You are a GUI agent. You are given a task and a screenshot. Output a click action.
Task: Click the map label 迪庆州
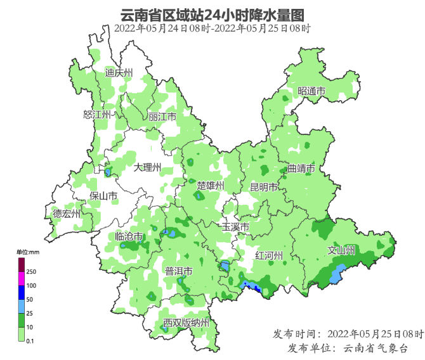click(119, 73)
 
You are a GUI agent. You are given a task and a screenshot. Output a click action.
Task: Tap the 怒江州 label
click(97, 115)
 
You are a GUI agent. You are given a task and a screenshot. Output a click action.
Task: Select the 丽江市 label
click(162, 117)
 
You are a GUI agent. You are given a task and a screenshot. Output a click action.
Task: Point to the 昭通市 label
click(311, 91)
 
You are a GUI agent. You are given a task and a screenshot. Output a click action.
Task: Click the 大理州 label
click(148, 167)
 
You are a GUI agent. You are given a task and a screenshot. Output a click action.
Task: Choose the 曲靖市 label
click(301, 169)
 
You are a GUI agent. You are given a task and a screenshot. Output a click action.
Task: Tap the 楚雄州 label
click(211, 186)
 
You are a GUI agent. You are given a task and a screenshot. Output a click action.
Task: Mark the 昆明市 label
click(263, 188)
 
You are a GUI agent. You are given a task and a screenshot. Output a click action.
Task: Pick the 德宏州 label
click(67, 214)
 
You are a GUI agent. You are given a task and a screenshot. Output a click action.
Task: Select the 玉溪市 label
click(235, 227)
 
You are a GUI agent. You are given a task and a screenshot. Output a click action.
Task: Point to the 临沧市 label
click(129, 236)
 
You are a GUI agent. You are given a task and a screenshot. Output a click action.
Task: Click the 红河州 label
click(268, 255)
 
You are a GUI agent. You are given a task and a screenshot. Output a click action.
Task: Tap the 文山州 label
click(341, 250)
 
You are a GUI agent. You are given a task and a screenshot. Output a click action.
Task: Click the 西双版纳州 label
click(186, 323)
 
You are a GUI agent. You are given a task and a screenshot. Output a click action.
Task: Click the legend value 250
click(30, 271)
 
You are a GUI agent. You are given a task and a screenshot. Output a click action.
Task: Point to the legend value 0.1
click(30, 341)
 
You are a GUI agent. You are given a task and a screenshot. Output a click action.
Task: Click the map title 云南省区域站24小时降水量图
click(213, 15)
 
